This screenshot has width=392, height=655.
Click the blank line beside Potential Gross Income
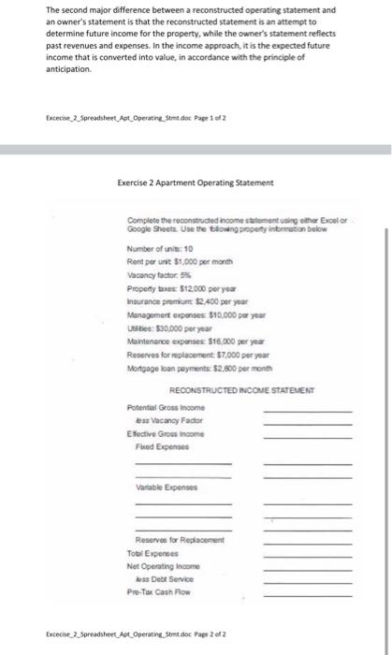point(307,413)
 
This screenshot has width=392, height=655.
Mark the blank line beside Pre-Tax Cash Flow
point(307,593)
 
